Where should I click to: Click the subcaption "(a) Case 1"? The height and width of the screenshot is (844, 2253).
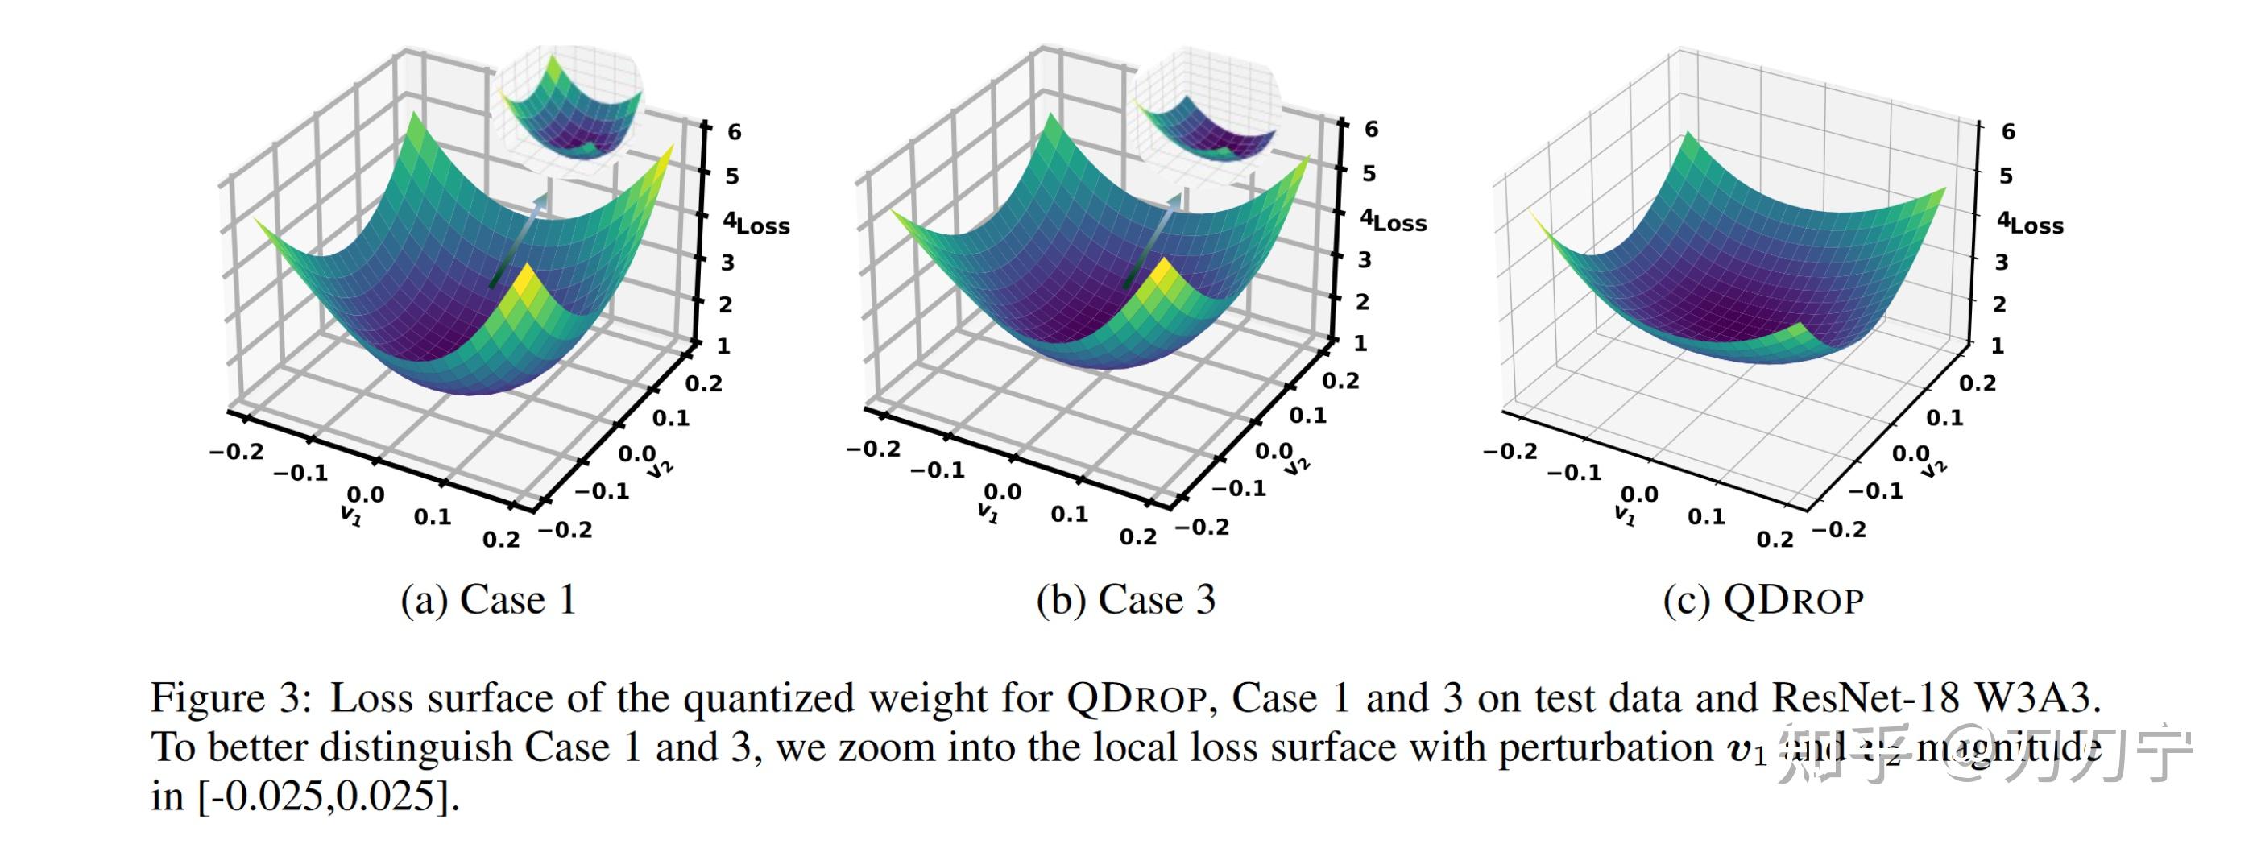coord(488,600)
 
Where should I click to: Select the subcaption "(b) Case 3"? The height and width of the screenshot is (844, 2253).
coord(1125,600)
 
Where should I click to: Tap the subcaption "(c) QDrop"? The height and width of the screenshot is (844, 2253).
coord(1763,600)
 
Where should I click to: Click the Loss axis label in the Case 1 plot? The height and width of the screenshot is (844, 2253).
coord(763,226)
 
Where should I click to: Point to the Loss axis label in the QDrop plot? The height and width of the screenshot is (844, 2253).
coord(2037,225)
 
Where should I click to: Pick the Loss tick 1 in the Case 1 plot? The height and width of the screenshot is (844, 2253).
coord(723,346)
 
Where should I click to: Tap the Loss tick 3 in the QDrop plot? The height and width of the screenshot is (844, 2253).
coord(2001,263)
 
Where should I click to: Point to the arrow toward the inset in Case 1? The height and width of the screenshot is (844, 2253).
coord(520,241)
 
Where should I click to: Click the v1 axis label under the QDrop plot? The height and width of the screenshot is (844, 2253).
coord(1624,516)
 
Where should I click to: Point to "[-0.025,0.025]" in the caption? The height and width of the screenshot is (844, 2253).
coord(327,796)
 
